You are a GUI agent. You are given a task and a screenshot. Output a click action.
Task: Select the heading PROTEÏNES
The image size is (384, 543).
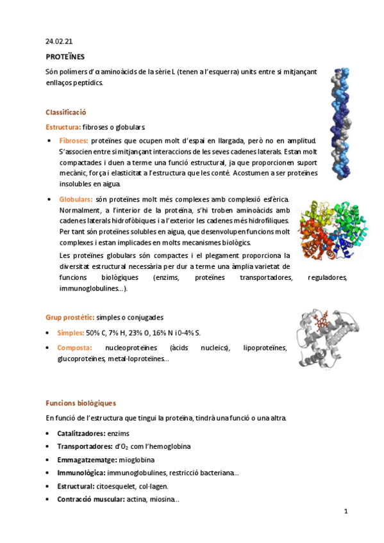coord(65,57)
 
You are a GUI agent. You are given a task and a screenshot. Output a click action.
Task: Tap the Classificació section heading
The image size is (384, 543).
coord(66,111)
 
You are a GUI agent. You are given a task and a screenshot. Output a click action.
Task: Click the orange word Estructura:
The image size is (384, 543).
coord(63,127)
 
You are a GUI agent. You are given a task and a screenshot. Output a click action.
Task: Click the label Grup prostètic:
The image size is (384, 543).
coord(70,317)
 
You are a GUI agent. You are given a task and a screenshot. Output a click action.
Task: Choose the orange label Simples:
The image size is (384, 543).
coord(71,333)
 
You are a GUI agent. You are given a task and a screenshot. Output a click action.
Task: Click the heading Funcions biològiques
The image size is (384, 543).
coord(80,403)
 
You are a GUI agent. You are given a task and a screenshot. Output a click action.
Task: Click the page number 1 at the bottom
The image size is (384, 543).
coord(346,511)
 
